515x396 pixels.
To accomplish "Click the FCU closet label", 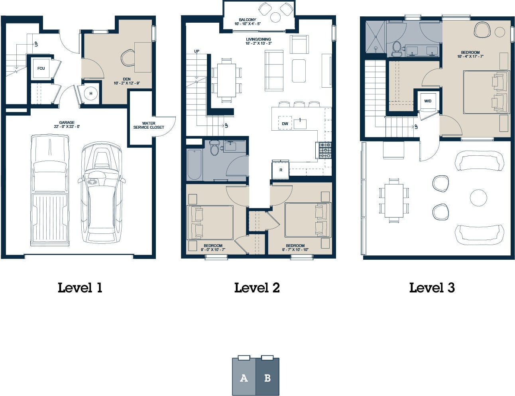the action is [41, 69].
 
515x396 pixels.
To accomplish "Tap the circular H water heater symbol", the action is [91, 94].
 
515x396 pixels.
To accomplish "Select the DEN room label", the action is [127, 79].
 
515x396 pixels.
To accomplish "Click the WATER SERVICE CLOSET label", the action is [149, 125].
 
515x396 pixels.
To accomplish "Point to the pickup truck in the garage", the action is [50, 190].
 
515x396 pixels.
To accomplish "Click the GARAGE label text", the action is [67, 122].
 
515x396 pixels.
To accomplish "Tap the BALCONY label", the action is [248, 20].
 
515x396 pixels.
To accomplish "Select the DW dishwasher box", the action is [285, 123].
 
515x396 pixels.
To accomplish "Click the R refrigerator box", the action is [281, 170].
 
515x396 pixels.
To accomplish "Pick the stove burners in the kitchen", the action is [325, 150].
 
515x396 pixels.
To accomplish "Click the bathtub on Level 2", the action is [195, 165].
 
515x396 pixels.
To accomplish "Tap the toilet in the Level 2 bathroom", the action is [214, 147].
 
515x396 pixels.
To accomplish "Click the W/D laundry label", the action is [428, 101].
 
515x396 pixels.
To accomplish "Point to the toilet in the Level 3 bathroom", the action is [396, 49].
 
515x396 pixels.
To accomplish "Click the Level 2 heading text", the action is [257, 288].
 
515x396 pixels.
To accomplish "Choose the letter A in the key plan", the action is [244, 378].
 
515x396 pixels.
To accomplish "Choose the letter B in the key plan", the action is [267, 378].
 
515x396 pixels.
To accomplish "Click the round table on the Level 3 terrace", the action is [478, 198].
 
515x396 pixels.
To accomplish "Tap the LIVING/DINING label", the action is [258, 39].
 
